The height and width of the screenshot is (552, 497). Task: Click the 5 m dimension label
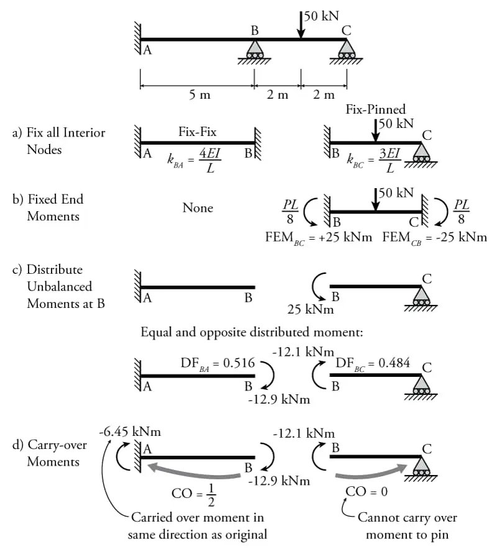click(x=199, y=94)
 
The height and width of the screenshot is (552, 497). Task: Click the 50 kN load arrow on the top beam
click(x=301, y=24)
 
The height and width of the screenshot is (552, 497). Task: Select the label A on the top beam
click(x=147, y=50)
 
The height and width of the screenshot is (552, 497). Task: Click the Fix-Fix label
click(x=198, y=132)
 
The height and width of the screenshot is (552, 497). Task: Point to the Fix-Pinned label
click(x=375, y=109)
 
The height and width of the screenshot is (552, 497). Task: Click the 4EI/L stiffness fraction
click(x=210, y=161)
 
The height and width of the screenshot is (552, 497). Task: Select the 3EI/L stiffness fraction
click(x=390, y=161)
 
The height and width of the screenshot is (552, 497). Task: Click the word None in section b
click(x=198, y=208)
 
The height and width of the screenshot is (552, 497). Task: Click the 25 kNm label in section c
click(x=311, y=309)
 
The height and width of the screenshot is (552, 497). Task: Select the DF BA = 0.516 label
click(x=217, y=363)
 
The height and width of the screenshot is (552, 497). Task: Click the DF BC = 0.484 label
click(x=373, y=363)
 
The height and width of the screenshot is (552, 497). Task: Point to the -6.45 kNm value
click(x=130, y=432)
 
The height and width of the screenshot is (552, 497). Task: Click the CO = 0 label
click(x=367, y=491)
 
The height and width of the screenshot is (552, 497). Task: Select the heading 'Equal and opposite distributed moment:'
click(x=252, y=332)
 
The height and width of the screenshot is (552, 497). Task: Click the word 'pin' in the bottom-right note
click(x=440, y=535)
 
